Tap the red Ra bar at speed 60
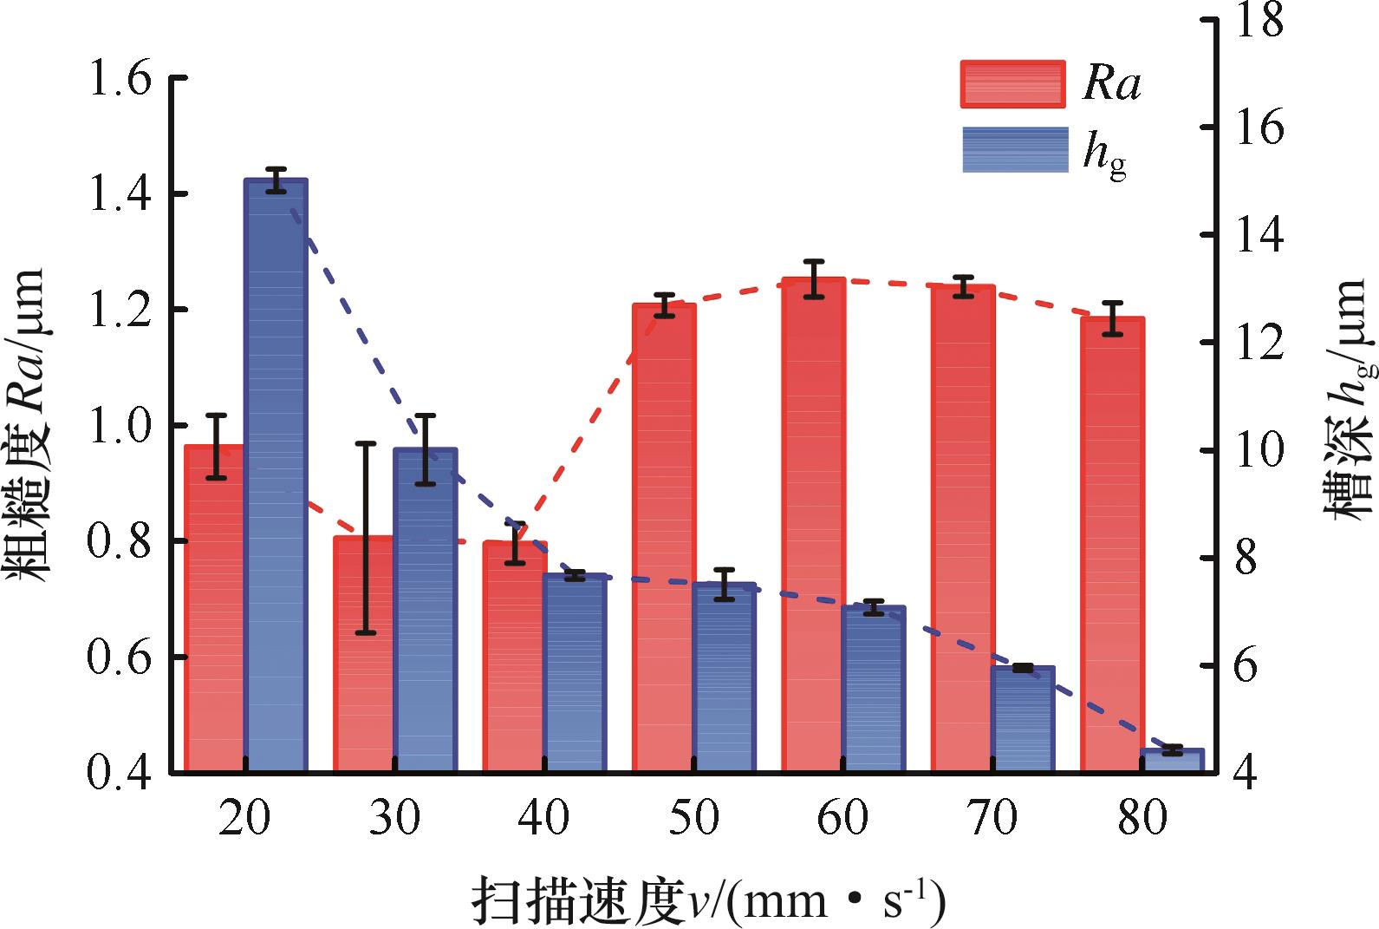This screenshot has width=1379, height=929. (813, 525)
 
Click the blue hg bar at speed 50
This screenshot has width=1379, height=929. (724, 677)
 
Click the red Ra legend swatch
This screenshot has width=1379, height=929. (1012, 84)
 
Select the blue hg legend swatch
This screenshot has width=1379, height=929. (1015, 149)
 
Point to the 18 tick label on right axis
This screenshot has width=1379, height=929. (1258, 20)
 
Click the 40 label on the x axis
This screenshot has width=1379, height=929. (544, 817)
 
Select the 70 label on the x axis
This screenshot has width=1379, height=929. (992, 817)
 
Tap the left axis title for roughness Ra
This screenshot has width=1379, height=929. (29, 425)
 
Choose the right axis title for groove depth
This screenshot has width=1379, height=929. (1349, 399)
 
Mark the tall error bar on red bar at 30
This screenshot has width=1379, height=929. (367, 538)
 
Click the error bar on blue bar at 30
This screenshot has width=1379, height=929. (425, 449)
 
